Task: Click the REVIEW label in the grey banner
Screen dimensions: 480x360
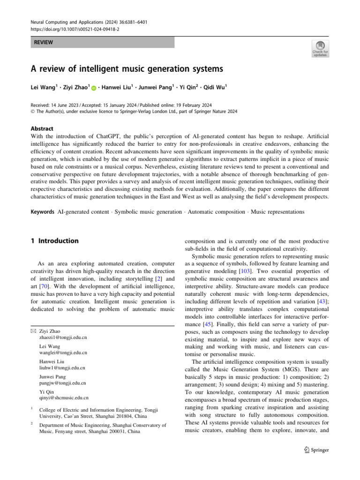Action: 43,43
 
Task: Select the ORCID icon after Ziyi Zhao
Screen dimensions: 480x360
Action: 93,88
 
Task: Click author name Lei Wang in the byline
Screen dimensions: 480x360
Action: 43,87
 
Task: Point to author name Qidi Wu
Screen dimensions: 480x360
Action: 215,87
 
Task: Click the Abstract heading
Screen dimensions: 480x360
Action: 42,128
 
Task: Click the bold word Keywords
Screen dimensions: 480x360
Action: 42,212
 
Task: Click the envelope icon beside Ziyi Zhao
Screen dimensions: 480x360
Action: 33,331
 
